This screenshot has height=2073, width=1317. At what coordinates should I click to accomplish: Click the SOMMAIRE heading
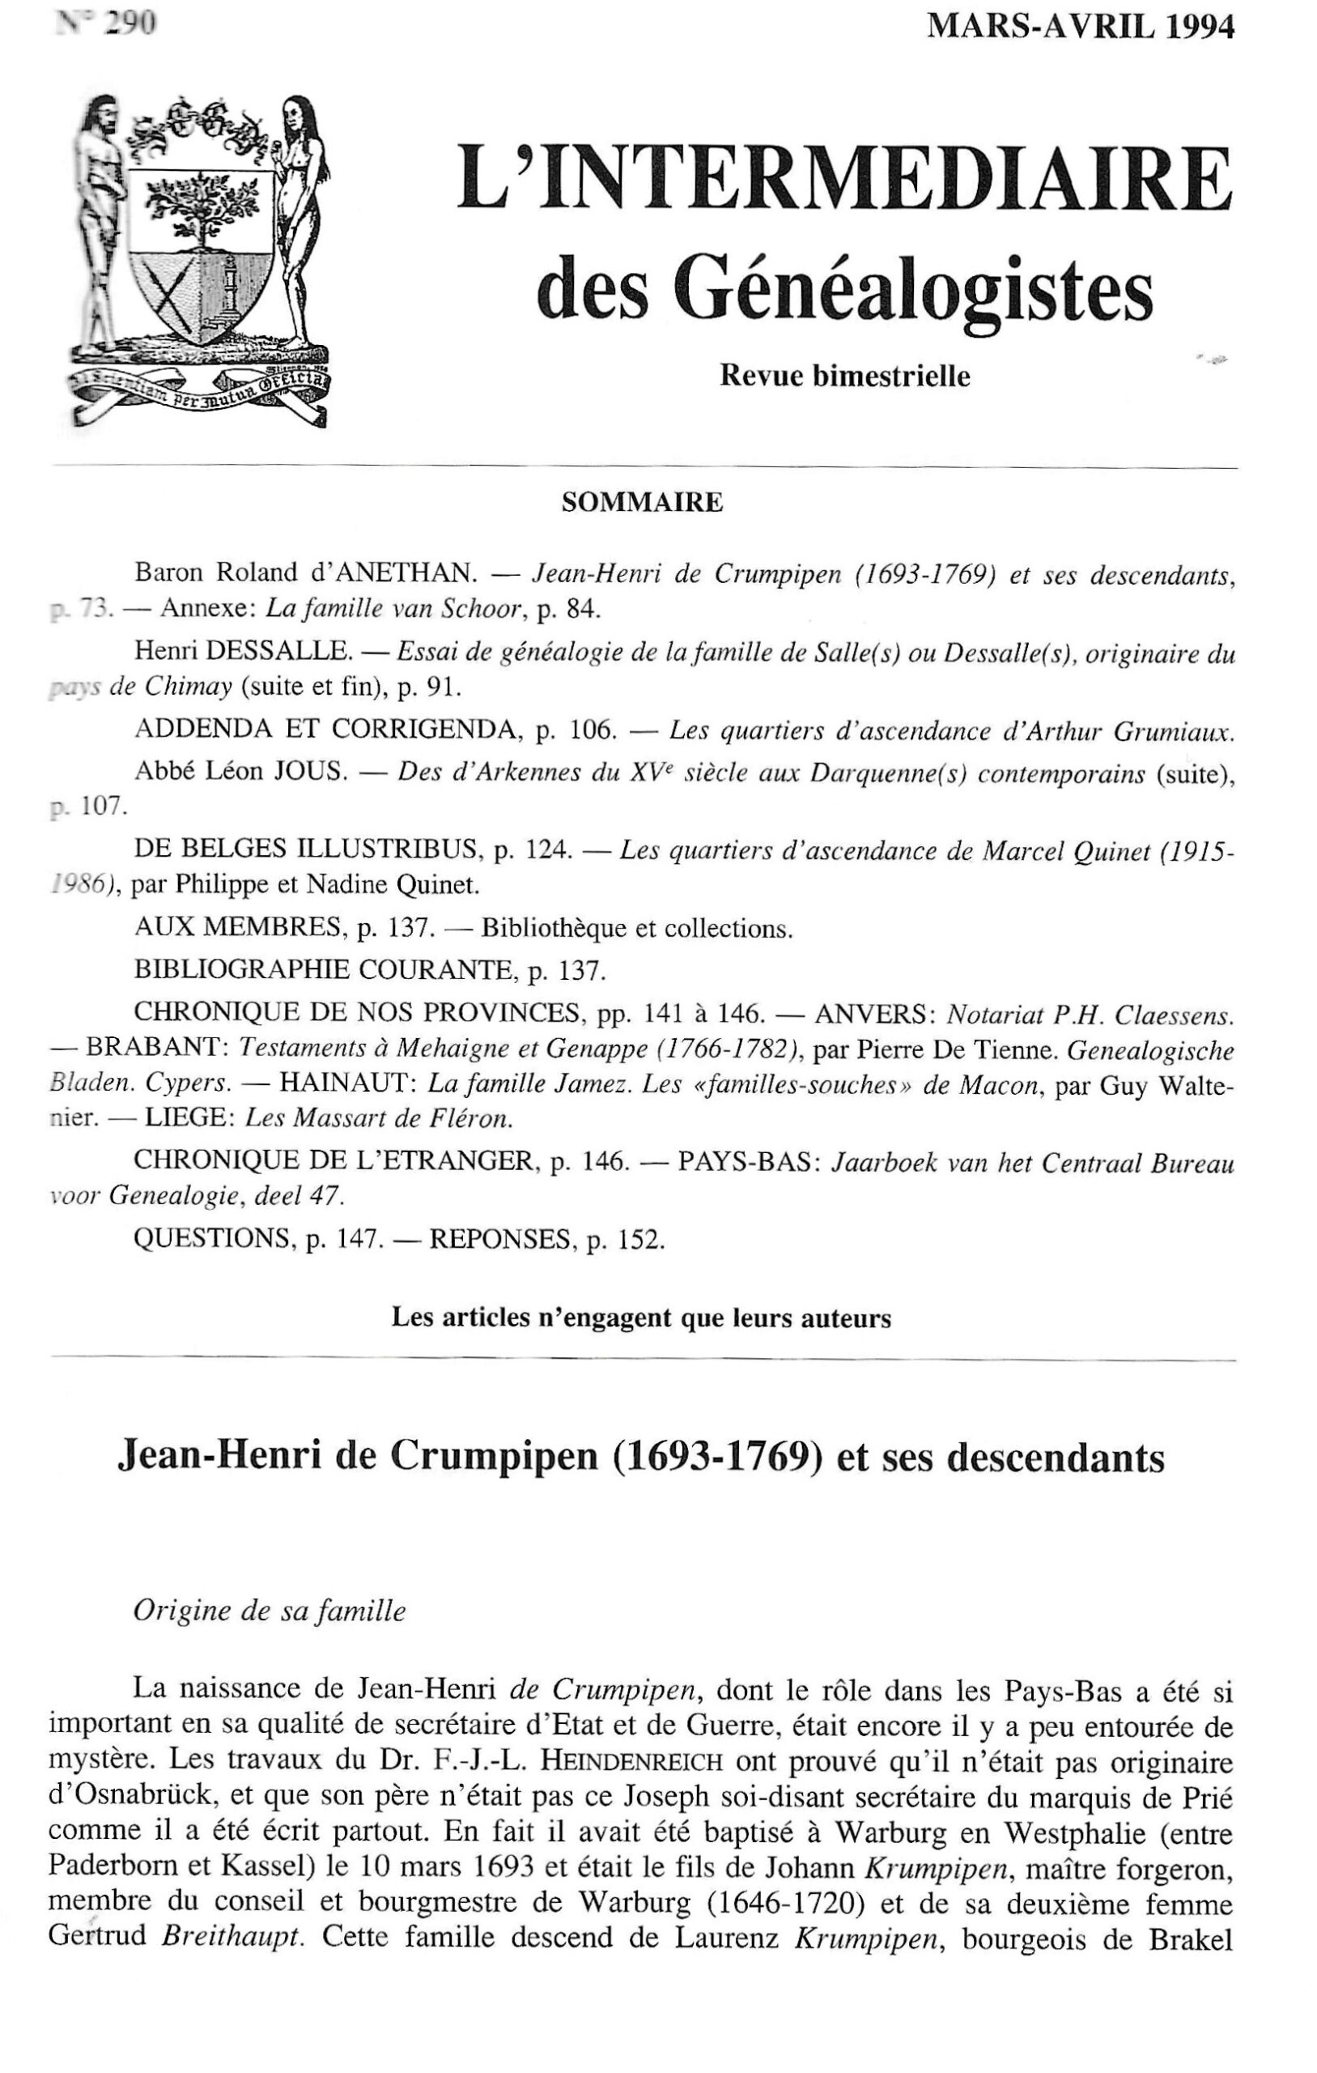[x=642, y=503]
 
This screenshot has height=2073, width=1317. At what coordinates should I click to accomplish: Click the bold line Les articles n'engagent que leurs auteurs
[x=641, y=1318]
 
